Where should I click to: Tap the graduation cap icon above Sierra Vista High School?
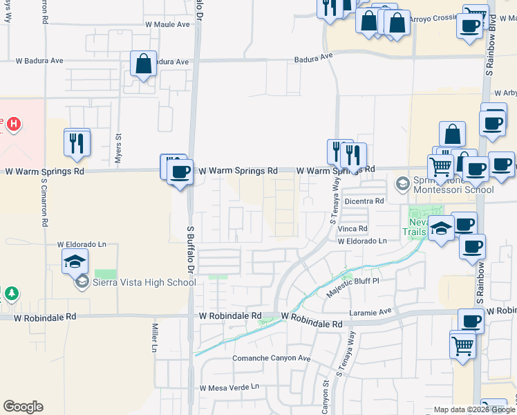tap(75, 261)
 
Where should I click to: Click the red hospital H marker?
tap(13, 124)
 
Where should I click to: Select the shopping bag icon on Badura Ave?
tap(143, 64)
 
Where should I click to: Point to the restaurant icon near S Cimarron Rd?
tap(77, 142)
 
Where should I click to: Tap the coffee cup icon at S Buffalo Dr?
tap(180, 172)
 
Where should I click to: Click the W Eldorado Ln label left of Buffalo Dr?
tap(82, 245)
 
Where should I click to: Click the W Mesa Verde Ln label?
tap(229, 388)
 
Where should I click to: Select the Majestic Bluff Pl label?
tap(352, 288)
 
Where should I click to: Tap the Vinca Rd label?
tap(352, 228)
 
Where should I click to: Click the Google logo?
tap(23, 407)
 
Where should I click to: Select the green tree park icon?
tap(11, 294)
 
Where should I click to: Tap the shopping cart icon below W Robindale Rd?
tap(462, 344)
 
